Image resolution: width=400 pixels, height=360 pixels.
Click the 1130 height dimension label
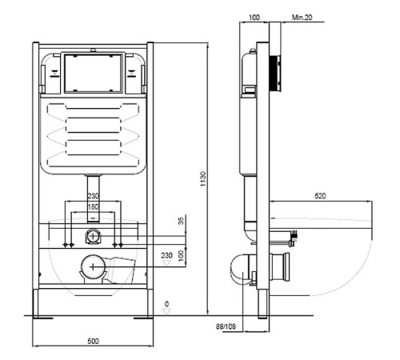(x=203, y=179)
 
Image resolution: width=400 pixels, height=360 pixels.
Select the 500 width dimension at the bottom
(x=93, y=341)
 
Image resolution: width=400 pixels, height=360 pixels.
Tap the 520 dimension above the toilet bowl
(x=320, y=196)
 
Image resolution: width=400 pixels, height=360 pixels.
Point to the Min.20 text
(x=302, y=18)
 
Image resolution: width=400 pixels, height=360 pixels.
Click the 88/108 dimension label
(x=226, y=326)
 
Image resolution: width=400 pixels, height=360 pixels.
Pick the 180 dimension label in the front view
(x=93, y=206)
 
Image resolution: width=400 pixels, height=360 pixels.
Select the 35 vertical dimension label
(x=181, y=221)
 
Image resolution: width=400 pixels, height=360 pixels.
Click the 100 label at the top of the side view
(x=254, y=18)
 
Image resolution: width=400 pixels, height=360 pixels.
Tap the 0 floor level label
(x=167, y=304)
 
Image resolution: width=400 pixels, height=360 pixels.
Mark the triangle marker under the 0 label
(x=167, y=311)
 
